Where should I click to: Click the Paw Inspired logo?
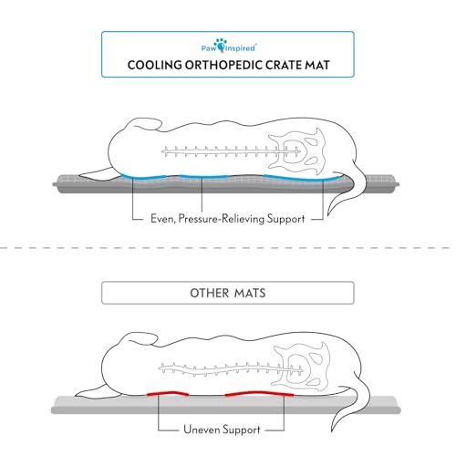pos(229,46)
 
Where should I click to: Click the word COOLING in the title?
pos(154,65)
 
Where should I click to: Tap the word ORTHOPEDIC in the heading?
pos(223,65)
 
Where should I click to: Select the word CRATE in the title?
pos(284,65)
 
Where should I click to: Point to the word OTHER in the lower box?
pos(209,293)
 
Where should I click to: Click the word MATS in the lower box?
pos(250,293)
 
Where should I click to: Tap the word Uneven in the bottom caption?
pos(202,430)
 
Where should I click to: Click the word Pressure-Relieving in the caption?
pos(221,219)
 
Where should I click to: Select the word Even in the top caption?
pos(163,219)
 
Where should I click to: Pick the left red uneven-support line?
pos(168,393)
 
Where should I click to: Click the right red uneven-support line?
pos(259,393)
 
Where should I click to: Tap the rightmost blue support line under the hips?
pos(301,178)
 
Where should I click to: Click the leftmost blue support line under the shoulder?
pos(143,176)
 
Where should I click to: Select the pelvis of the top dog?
pos(297,151)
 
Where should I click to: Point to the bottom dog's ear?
pos(139,339)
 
